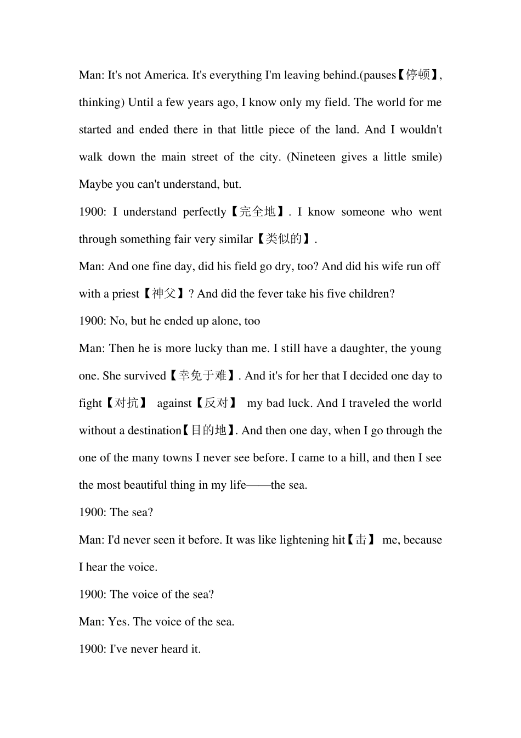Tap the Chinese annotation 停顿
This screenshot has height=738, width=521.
tap(418, 75)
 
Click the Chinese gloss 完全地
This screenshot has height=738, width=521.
tap(257, 212)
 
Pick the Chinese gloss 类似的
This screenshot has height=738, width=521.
tap(284, 239)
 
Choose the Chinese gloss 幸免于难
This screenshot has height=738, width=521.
tap(202, 376)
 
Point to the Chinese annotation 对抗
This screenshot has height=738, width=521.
tap(127, 403)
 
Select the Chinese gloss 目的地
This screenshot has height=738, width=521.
tap(208, 431)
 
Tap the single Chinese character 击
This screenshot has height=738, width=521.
tap(360, 540)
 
